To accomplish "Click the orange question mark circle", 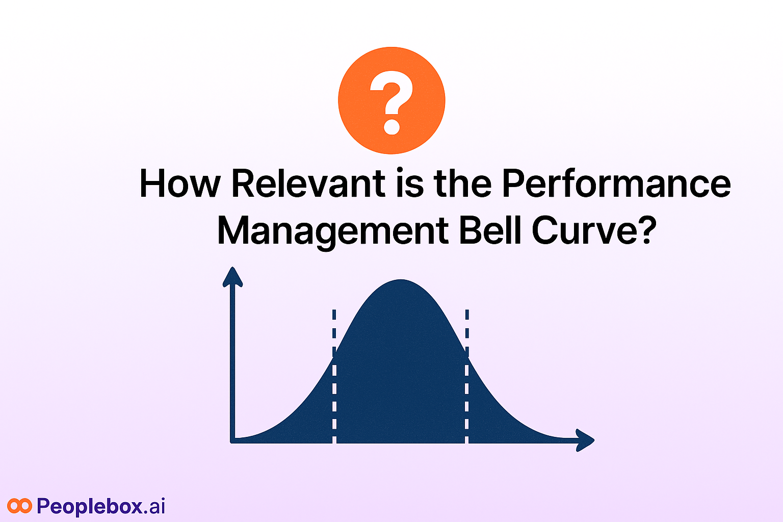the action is pos(391,100).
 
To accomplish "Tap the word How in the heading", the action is pos(180,184).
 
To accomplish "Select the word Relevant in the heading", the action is pos(308,184).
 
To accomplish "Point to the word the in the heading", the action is pos(462,183).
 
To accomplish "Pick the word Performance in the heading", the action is pos(617,184).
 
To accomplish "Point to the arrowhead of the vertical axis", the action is pos(232,277).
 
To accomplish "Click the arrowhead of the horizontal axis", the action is pos(585,440).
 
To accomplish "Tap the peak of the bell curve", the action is pos(401,280).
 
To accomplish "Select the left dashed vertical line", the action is pos(334,376).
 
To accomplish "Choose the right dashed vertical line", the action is pos(467,376).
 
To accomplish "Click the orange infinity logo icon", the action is pos(19,506).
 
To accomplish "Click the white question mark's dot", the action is pos(391,127).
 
